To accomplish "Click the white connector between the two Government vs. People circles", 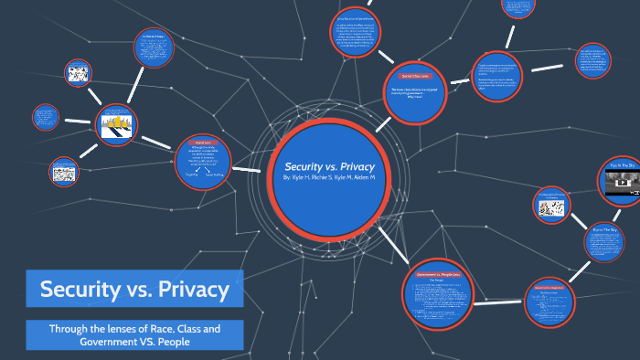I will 499,294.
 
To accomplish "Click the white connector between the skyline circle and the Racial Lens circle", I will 155,141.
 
